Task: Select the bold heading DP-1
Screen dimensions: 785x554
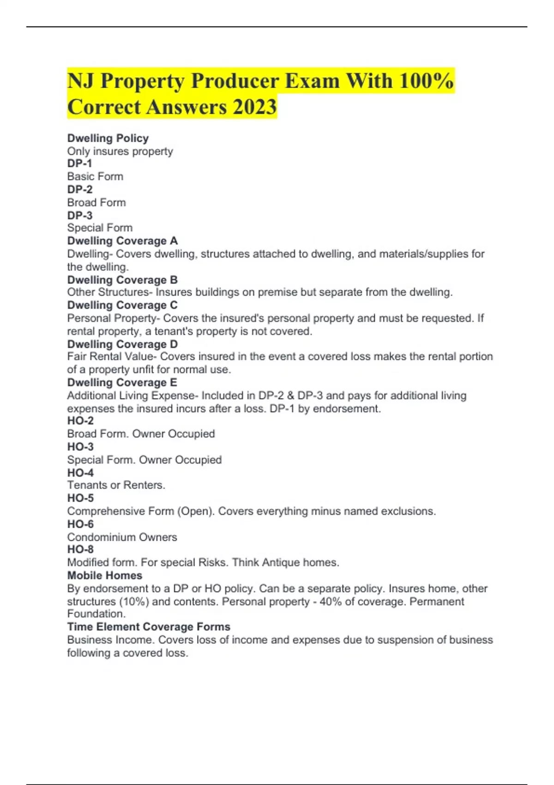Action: point(79,163)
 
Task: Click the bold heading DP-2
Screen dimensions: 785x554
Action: point(80,189)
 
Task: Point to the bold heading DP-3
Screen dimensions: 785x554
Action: point(80,215)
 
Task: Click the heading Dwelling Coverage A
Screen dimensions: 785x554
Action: point(122,241)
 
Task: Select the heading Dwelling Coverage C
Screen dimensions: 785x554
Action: point(122,305)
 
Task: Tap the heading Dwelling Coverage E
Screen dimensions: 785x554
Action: point(122,382)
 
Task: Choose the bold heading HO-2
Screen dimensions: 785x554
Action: point(80,421)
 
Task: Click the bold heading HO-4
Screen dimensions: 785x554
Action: point(80,473)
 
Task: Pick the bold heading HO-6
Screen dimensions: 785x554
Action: point(80,524)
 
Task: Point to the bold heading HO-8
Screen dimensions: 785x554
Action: point(80,549)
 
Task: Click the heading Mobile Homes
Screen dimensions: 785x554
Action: point(105,575)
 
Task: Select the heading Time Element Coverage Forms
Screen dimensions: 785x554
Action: point(149,627)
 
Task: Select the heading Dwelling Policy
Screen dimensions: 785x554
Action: point(108,138)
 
